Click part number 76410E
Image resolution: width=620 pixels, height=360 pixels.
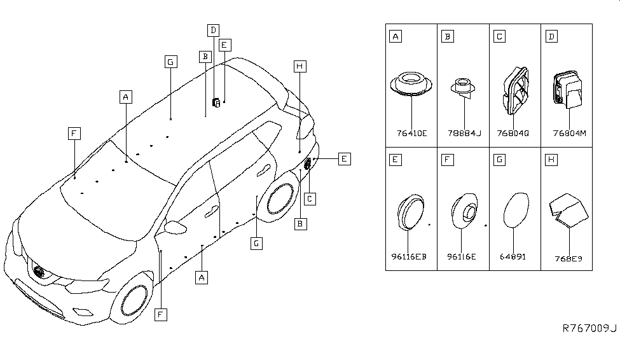click(411, 133)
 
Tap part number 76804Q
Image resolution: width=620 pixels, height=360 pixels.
click(514, 133)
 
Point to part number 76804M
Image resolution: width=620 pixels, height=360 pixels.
click(568, 133)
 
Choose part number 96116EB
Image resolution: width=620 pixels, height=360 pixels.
click(411, 256)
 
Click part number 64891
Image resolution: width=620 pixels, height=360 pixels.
click(514, 256)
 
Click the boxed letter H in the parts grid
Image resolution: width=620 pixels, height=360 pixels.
click(551, 160)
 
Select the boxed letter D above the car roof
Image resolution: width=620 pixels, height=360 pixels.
click(213, 30)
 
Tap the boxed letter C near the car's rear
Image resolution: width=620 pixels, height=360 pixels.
click(309, 199)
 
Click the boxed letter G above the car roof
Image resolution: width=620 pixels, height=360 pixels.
click(170, 62)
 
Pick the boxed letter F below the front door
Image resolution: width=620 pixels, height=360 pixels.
click(161, 314)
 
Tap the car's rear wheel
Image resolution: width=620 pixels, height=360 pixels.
click(279, 200)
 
